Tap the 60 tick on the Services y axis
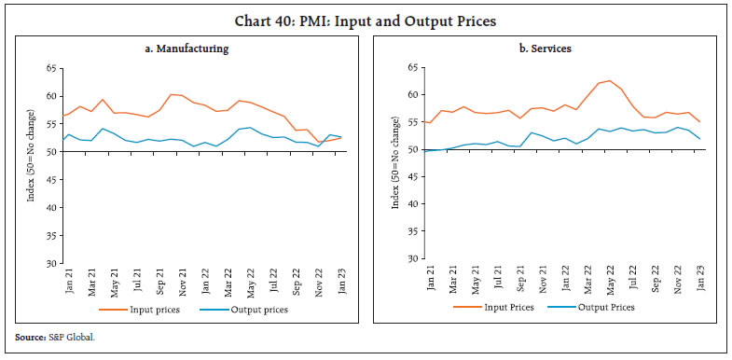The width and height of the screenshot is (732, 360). click(411, 95)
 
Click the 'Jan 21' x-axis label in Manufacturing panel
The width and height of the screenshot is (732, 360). click(69, 283)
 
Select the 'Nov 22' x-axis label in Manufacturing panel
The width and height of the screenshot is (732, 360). click(320, 283)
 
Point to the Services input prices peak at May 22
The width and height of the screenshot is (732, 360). click(610, 80)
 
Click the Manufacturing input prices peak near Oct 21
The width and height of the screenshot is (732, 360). click(172, 94)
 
